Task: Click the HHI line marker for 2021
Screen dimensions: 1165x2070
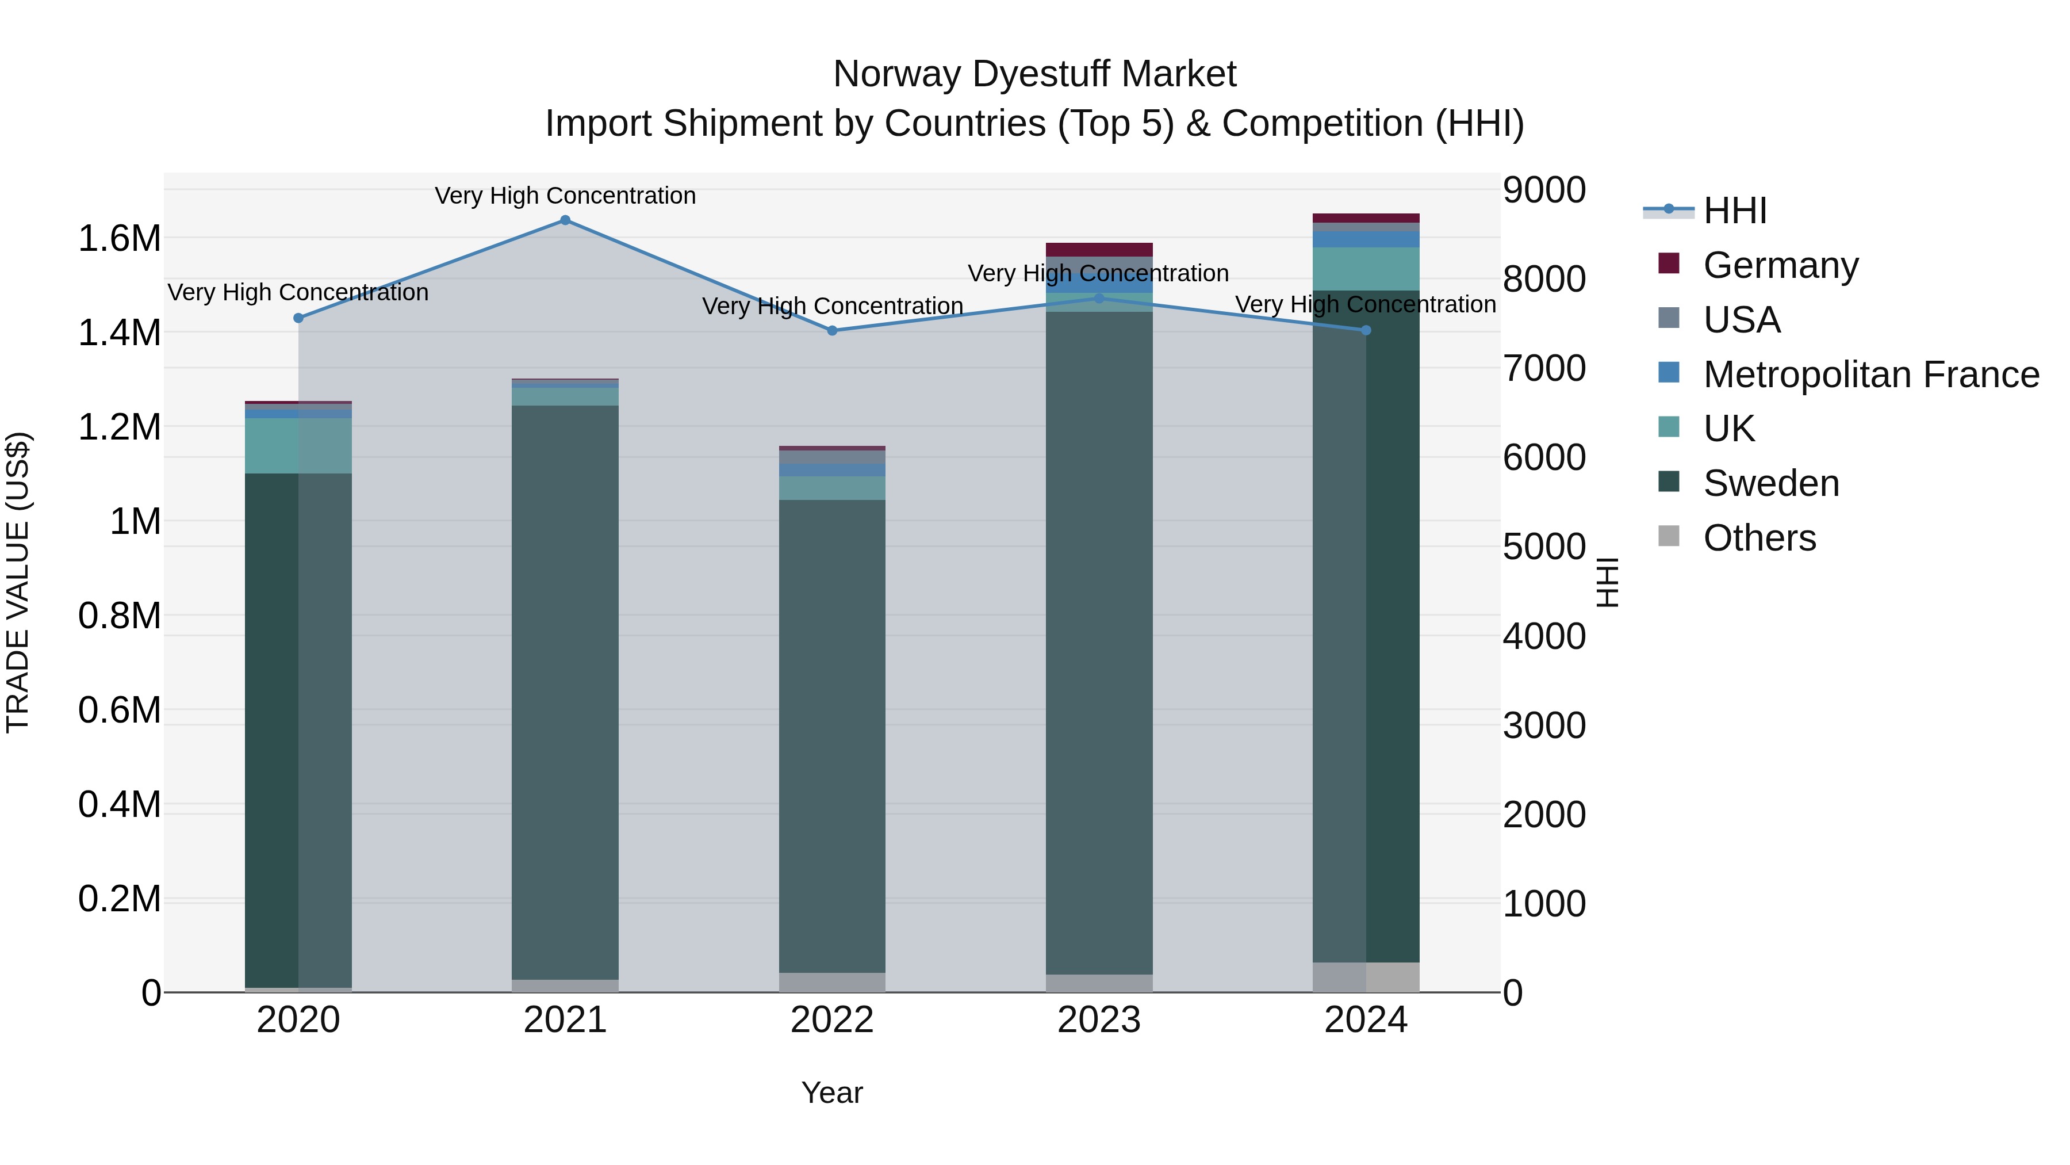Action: [x=565, y=220]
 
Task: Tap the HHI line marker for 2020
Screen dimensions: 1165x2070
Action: [x=298, y=318]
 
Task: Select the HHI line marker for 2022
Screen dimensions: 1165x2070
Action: [x=831, y=330]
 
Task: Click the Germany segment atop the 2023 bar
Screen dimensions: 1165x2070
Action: [x=1098, y=249]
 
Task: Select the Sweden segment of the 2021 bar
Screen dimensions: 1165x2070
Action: [x=565, y=692]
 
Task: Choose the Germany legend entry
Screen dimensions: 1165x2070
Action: [x=1780, y=265]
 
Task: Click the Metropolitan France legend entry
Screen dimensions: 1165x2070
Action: [x=1870, y=374]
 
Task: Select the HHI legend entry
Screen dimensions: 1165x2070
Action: [x=1734, y=211]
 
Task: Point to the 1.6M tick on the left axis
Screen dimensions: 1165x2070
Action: [x=119, y=239]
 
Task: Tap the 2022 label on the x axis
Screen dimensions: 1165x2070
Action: [x=831, y=1020]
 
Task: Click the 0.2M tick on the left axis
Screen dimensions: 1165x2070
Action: [x=119, y=899]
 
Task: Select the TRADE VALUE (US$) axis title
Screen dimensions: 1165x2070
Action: [x=18, y=582]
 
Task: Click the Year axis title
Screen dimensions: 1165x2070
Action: [x=831, y=1093]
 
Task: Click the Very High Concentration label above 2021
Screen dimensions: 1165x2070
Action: [x=565, y=196]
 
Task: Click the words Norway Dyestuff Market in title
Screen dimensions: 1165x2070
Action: [x=1034, y=74]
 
